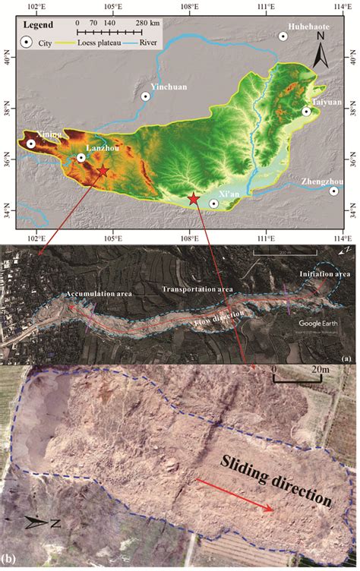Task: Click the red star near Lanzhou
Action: click(x=103, y=172)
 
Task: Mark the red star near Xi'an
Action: click(x=194, y=199)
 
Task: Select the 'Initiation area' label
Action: click(x=324, y=273)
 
